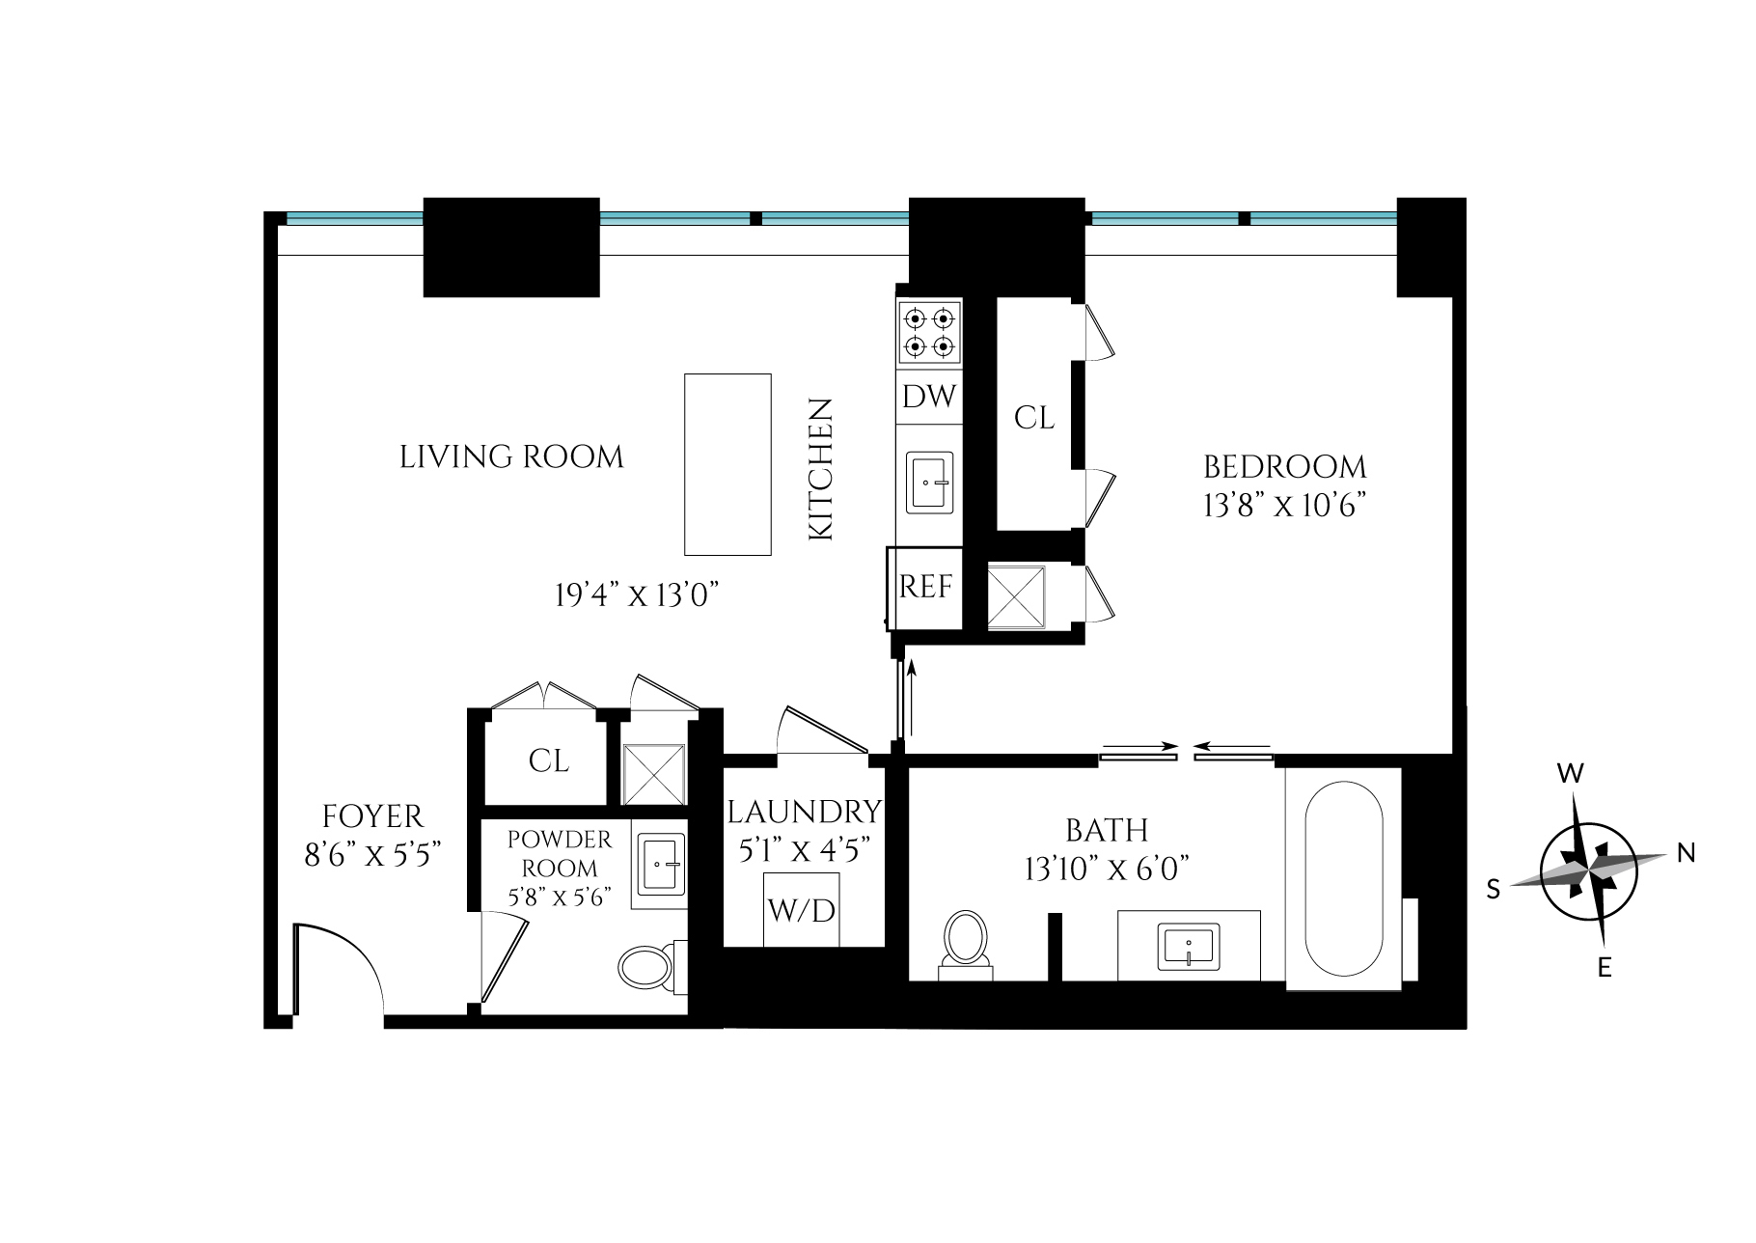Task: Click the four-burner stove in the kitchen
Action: coord(930,332)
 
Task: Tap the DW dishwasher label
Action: coord(930,397)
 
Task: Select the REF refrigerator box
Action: coord(926,587)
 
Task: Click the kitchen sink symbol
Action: coord(930,482)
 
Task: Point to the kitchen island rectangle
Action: coord(727,464)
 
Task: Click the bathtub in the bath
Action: coord(1344,878)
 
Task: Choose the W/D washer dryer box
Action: coord(801,909)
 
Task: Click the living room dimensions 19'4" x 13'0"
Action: coord(638,596)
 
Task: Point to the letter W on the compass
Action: coord(1571,773)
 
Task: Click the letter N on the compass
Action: coord(1686,852)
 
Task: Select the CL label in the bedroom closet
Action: coord(1034,418)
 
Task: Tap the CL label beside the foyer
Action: coord(548,760)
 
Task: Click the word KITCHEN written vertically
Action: coord(820,469)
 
